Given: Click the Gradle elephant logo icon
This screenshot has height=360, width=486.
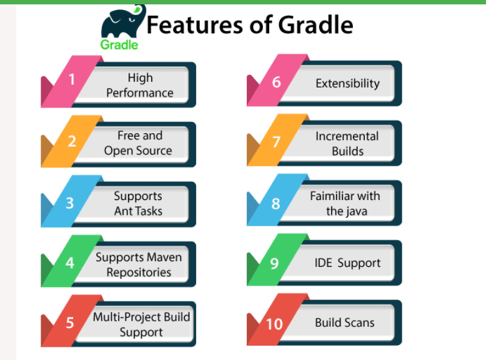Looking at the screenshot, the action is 122,22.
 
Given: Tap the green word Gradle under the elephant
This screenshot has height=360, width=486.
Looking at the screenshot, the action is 119,45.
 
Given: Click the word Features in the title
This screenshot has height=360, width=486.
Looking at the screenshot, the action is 195,25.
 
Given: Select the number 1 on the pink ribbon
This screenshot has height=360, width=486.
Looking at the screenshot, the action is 72,79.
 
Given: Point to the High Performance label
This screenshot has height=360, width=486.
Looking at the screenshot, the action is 140,85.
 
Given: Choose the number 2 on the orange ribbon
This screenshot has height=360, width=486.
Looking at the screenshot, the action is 72,141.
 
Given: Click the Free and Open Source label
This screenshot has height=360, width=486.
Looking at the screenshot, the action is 138,143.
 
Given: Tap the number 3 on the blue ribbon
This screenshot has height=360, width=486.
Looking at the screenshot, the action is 70,203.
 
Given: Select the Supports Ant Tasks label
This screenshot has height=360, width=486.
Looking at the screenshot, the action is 138,203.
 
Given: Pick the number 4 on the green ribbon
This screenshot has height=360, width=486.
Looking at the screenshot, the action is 70,263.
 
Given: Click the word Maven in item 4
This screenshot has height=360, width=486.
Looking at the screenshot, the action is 164,257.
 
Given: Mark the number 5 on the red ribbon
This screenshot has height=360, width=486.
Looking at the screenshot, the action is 70,322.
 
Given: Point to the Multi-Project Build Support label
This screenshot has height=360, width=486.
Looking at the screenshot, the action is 142,324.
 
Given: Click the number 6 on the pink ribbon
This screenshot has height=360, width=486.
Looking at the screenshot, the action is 276,82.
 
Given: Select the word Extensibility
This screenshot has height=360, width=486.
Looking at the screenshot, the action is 348,83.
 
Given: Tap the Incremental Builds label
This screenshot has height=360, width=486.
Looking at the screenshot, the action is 347,144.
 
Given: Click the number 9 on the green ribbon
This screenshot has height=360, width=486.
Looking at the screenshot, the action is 274,263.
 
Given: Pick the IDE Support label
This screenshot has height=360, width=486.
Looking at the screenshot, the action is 347,263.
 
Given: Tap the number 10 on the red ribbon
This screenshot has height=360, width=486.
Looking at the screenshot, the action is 274,324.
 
